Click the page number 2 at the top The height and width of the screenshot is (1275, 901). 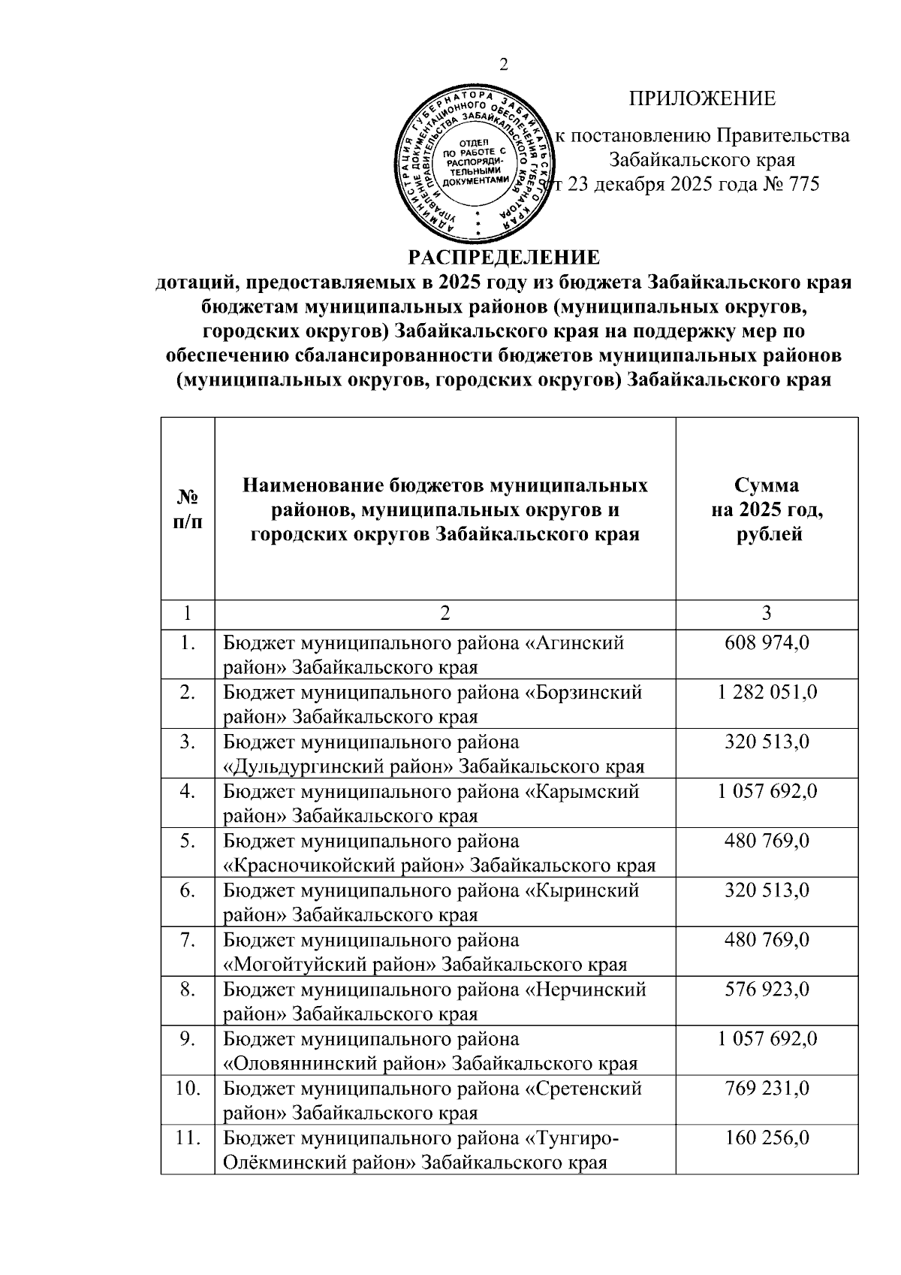pyautogui.click(x=504, y=65)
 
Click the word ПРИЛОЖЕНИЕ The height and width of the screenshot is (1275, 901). pyautogui.click(x=702, y=99)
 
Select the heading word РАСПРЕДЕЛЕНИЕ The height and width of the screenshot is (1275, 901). pyautogui.click(x=504, y=258)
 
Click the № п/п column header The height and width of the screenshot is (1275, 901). pyautogui.click(x=188, y=509)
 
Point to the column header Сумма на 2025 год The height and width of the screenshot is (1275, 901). pyautogui.click(x=767, y=509)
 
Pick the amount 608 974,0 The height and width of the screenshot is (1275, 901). pyautogui.click(x=767, y=643)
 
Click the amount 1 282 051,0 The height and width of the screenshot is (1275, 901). pyautogui.click(x=767, y=693)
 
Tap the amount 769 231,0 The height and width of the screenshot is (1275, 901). pyautogui.click(x=767, y=1089)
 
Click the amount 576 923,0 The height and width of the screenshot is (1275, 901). pyautogui.click(x=767, y=990)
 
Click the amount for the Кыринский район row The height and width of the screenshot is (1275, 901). pyautogui.click(x=767, y=891)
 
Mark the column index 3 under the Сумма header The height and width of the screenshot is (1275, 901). pyautogui.click(x=767, y=613)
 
